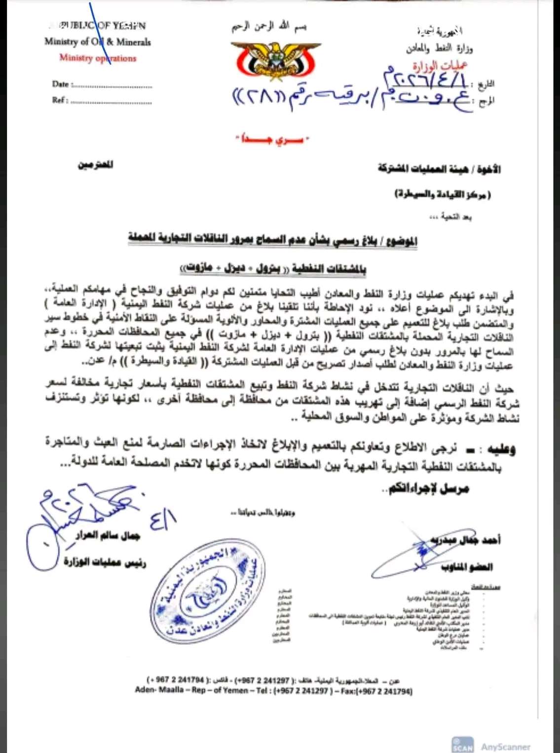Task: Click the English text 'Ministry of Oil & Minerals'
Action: click(x=98, y=42)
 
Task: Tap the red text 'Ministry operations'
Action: click(x=98, y=58)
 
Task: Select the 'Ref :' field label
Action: click(x=60, y=100)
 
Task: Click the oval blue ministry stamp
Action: click(x=207, y=591)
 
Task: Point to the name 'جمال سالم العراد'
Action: click(x=108, y=535)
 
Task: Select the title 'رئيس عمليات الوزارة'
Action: click(x=105, y=562)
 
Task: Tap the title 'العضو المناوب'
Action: click(x=467, y=566)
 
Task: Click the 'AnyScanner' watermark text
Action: click(x=506, y=746)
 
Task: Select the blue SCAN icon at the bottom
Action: click(x=462, y=745)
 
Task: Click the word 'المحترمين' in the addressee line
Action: click(x=95, y=164)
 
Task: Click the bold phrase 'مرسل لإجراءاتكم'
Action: click(x=428, y=489)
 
